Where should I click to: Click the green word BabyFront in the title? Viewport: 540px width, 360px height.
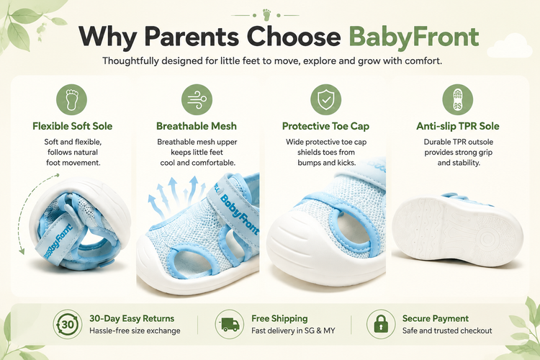[414, 37]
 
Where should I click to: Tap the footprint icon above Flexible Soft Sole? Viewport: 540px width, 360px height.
[71, 99]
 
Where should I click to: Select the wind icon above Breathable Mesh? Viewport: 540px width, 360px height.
[197, 99]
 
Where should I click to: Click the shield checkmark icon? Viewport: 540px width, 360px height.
[325, 99]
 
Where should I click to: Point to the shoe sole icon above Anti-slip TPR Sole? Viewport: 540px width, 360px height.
[458, 99]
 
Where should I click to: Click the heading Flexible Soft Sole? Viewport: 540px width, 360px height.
[72, 126]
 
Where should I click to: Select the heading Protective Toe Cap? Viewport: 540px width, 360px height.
[325, 126]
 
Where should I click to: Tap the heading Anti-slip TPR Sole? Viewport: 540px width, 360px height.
[458, 126]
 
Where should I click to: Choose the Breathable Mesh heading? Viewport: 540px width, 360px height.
[197, 126]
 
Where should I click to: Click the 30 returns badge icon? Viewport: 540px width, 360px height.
[68, 324]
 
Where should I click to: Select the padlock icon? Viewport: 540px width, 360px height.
[381, 324]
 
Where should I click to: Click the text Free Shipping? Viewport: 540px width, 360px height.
[279, 318]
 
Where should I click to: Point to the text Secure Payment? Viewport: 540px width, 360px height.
[436, 318]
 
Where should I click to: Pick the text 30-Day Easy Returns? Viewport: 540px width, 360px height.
[132, 318]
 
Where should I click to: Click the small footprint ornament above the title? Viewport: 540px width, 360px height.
[266, 15]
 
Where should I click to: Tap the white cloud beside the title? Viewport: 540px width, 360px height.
[510, 45]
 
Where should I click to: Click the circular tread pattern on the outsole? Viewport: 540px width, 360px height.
[486, 239]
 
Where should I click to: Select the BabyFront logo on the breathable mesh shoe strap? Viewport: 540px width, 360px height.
[239, 215]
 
